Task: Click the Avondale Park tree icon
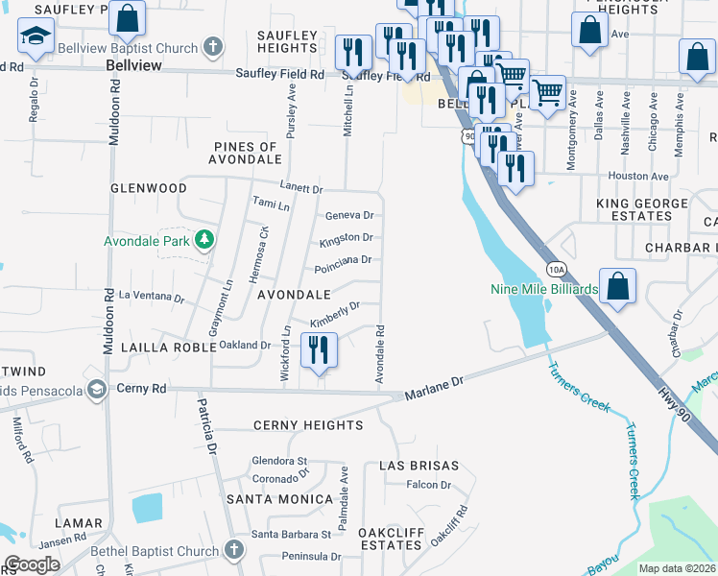click(x=203, y=238)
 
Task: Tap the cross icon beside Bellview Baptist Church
click(x=213, y=47)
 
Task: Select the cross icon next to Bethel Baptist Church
click(x=232, y=550)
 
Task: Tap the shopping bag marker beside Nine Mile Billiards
click(x=617, y=286)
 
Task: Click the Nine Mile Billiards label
click(x=544, y=289)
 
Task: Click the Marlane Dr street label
click(x=434, y=388)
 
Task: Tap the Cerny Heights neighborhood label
click(x=308, y=424)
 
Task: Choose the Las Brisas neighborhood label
click(x=415, y=465)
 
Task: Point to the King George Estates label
click(x=642, y=209)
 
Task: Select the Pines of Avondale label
click(x=245, y=153)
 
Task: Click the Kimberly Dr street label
click(x=334, y=314)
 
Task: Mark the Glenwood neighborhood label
click(x=148, y=188)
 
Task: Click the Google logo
click(x=33, y=564)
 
